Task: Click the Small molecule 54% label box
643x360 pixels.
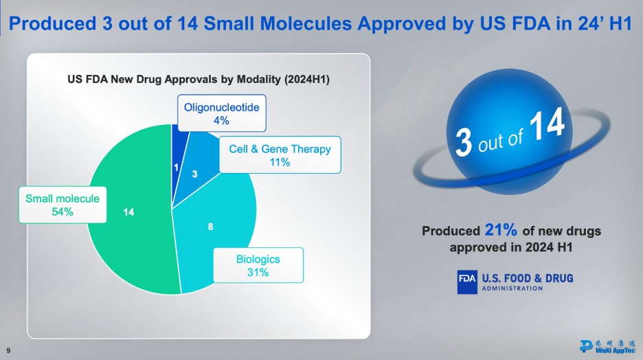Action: click(x=63, y=205)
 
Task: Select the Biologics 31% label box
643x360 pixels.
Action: click(x=258, y=266)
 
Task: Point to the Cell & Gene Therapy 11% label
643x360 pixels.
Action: click(x=280, y=155)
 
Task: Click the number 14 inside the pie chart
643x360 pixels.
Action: click(x=128, y=212)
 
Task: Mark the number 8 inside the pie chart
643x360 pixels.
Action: click(x=210, y=225)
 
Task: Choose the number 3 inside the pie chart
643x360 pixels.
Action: click(x=194, y=175)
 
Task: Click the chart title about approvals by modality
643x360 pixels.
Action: click(x=199, y=80)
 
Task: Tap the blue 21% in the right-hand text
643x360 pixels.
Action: click(x=500, y=230)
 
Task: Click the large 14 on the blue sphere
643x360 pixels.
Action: click(x=547, y=128)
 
